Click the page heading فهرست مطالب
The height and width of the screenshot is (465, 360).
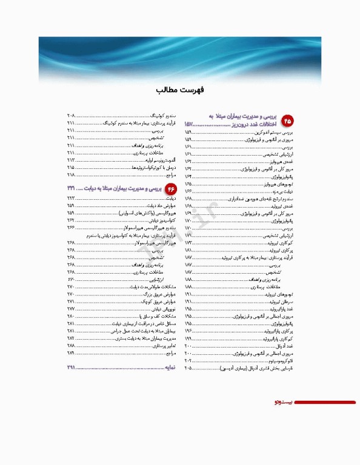(x=179, y=90)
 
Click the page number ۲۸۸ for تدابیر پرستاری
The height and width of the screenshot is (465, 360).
(x=70, y=345)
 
